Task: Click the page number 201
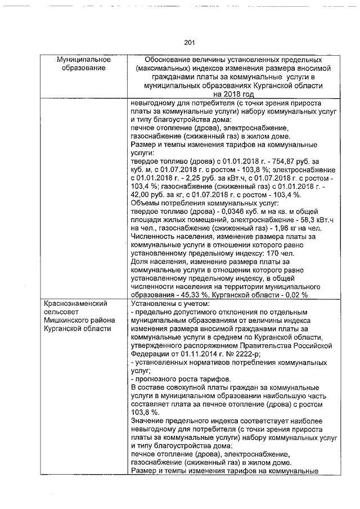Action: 188,42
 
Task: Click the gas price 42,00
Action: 140,194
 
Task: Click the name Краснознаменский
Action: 76,304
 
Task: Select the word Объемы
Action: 145,202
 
